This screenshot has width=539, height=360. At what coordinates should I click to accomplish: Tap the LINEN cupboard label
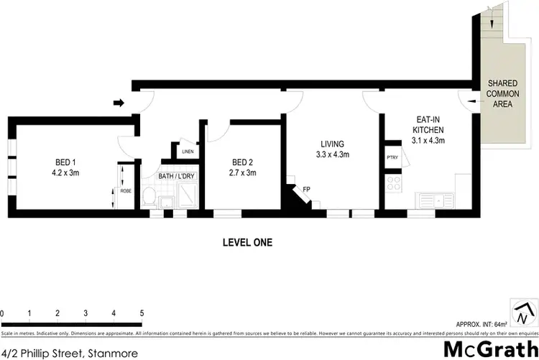tap(188, 152)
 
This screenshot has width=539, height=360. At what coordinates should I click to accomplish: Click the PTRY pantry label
tap(392, 157)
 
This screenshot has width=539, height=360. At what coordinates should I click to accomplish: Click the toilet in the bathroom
tap(150, 196)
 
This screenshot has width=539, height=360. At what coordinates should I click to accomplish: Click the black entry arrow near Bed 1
tap(119, 103)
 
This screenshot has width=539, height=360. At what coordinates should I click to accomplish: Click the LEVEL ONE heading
tap(247, 243)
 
